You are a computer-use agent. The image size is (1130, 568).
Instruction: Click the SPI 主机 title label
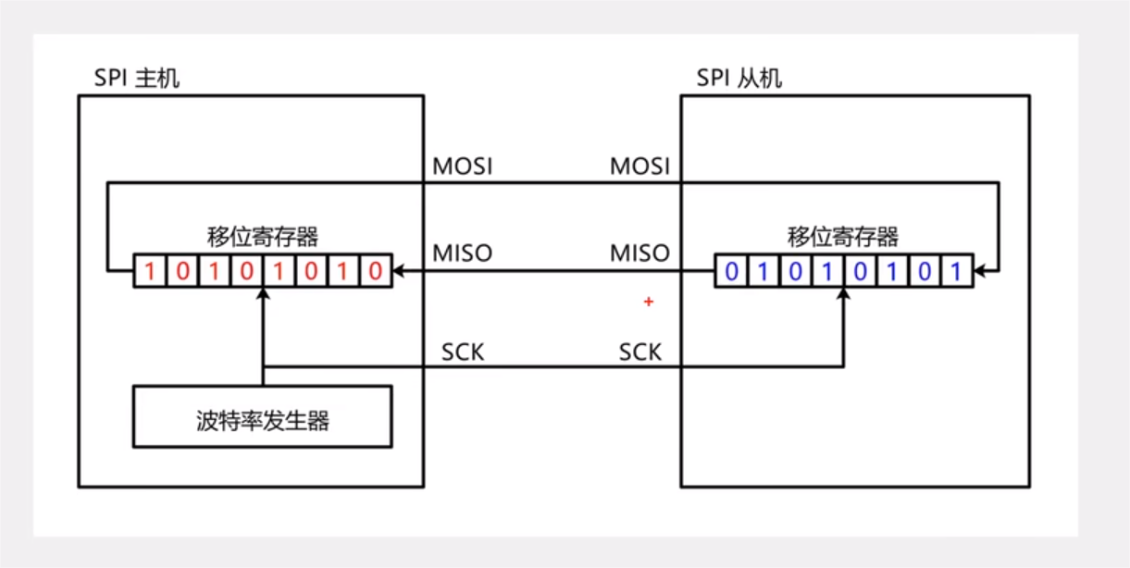[137, 78]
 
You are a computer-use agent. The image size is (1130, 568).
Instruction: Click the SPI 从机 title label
[739, 78]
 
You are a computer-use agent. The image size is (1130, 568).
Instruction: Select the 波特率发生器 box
[263, 422]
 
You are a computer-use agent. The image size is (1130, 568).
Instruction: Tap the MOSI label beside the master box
[463, 167]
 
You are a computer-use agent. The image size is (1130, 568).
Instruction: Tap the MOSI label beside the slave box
[640, 167]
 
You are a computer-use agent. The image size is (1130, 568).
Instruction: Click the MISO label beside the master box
[463, 253]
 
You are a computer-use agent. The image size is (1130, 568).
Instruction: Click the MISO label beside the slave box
[640, 253]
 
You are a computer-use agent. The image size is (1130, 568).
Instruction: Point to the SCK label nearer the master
[463, 352]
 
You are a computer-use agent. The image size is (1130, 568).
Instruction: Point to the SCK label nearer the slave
[640, 352]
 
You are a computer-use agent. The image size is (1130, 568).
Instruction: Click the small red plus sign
[649, 302]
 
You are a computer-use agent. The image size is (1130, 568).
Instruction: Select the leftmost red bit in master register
[150, 272]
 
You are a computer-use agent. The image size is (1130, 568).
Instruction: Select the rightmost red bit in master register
[375, 272]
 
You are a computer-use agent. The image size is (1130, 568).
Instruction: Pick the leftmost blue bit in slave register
[731, 272]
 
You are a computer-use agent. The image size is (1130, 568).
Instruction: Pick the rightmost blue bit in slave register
[956, 272]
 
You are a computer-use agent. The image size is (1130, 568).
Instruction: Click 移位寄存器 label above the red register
[263, 237]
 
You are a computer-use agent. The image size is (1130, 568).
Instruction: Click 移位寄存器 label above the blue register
[843, 237]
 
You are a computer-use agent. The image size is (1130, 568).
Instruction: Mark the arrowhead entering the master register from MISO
[398, 272]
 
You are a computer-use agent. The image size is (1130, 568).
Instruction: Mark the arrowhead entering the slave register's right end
[979, 272]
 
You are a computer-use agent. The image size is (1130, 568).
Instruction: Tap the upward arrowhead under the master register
[264, 293]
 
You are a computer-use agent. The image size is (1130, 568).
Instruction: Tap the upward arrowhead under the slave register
[843, 293]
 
